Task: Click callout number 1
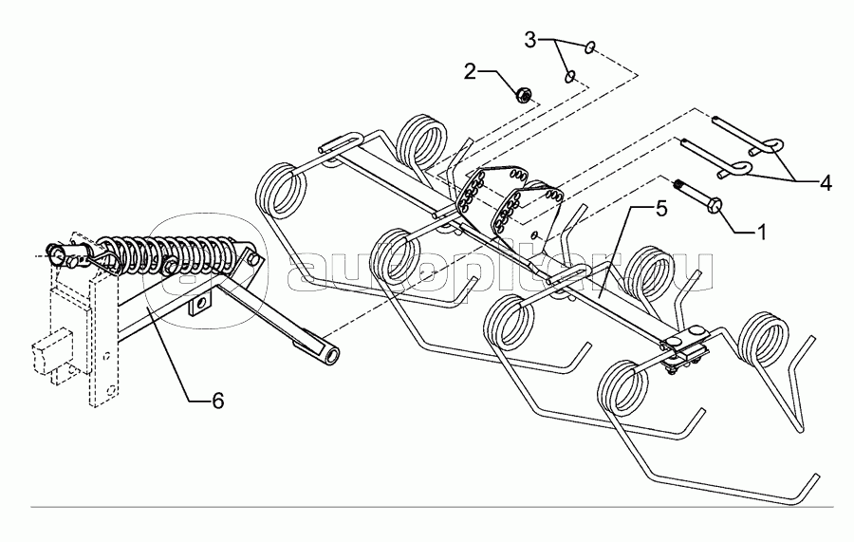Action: pos(761,232)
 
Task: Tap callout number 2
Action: pos(470,71)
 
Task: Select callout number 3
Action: pos(530,39)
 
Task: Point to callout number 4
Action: pos(826,182)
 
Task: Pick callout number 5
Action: pos(661,208)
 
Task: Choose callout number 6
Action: pos(217,401)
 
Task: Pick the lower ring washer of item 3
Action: pos(569,76)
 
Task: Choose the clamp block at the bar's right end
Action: pos(683,347)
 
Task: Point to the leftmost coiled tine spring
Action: pos(282,191)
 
